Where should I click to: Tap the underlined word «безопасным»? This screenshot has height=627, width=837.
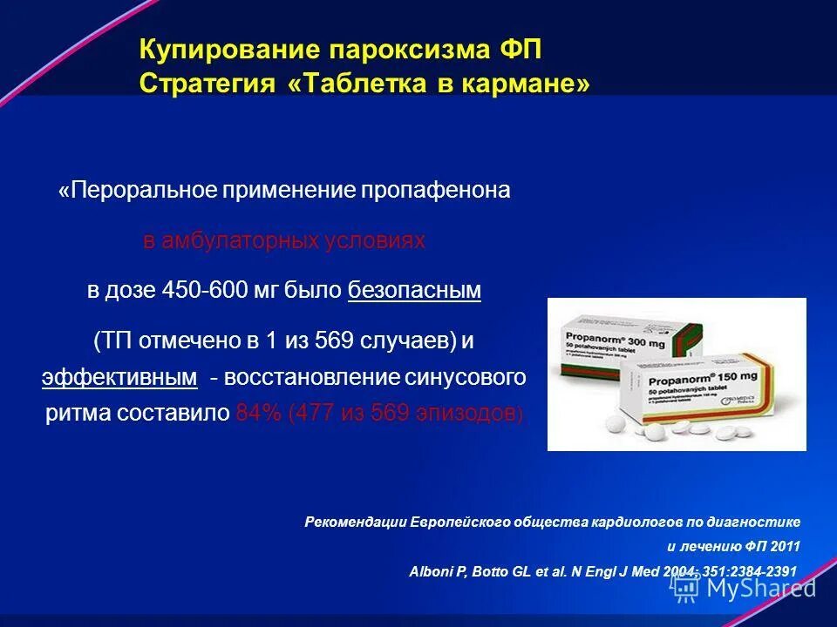[x=414, y=291]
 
